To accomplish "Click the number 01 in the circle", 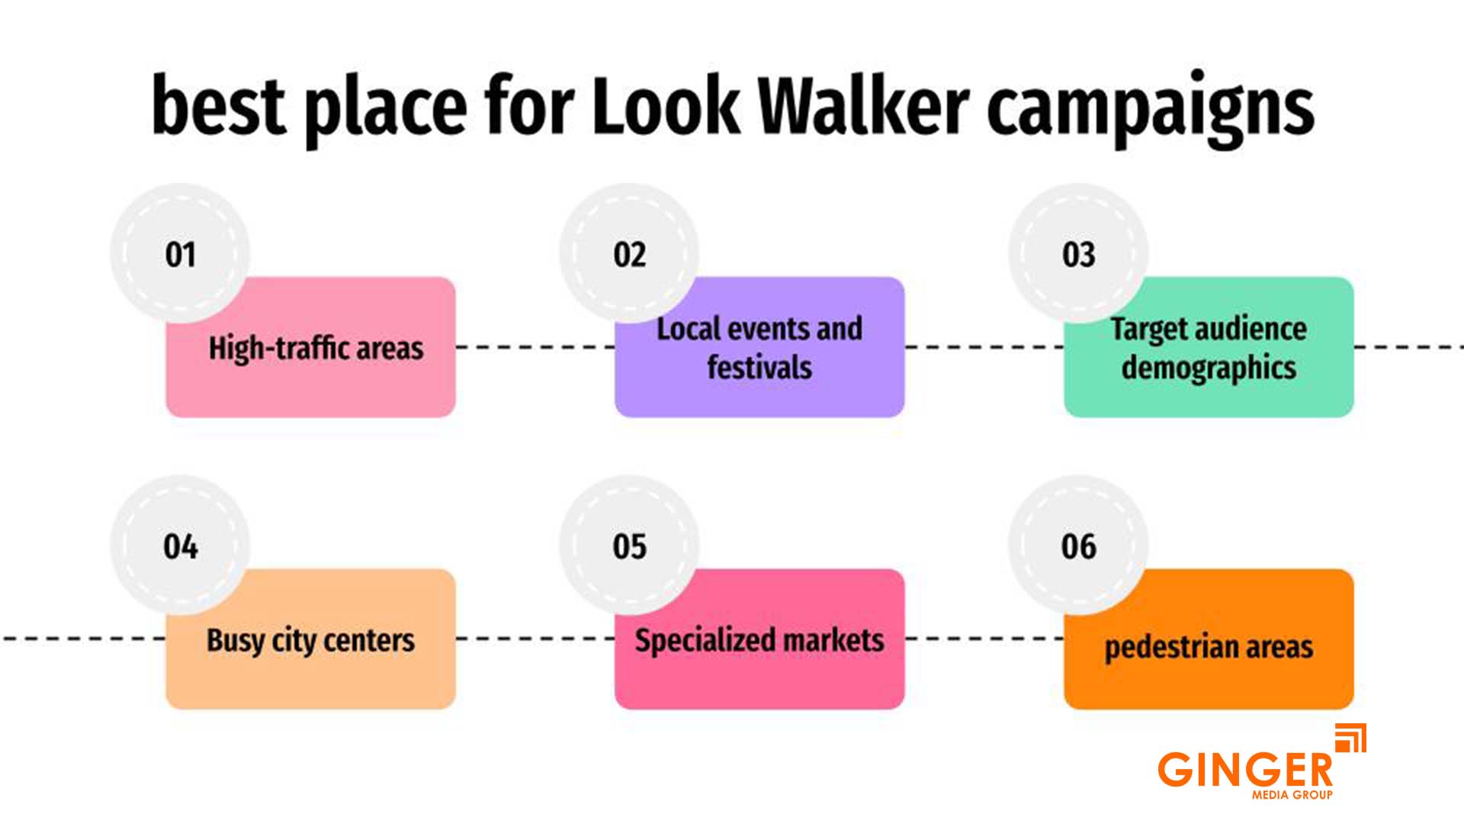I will [x=181, y=255].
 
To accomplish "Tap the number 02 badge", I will [x=630, y=255].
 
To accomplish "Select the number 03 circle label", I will [x=1079, y=255].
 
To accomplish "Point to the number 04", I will [x=181, y=547].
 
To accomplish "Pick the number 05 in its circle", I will [x=630, y=547].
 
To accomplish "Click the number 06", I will [x=1079, y=547].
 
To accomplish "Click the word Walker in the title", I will [x=863, y=106].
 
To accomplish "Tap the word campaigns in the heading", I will [x=1150, y=108].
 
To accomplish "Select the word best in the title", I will [x=219, y=106].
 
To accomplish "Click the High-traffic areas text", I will [x=316, y=349].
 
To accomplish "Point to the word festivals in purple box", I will [x=759, y=368].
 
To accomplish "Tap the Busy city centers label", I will [x=310, y=641].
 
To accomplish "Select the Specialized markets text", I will [x=759, y=640].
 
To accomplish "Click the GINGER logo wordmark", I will [x=1244, y=769].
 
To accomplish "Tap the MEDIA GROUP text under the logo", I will [x=1292, y=795].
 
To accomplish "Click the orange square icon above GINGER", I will [x=1350, y=738].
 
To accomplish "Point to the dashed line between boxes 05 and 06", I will [x=984, y=639].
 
